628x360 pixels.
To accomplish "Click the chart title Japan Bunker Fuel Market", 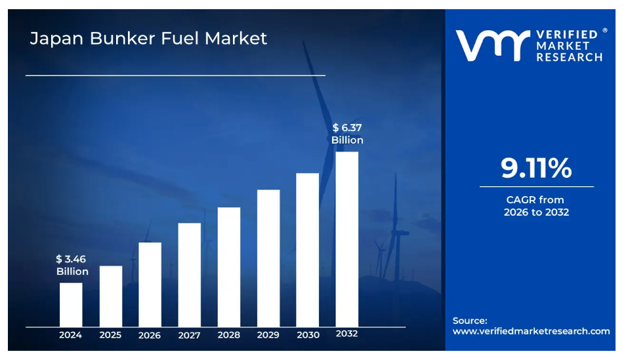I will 148,38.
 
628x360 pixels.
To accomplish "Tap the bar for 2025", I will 110,296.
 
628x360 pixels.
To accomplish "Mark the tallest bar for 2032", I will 346,239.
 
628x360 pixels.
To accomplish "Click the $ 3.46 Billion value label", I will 72,266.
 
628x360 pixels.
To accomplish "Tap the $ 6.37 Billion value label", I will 347,134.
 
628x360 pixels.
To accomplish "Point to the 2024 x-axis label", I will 70,334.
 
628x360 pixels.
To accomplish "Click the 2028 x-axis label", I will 228,334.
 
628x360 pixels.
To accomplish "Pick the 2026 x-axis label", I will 150,335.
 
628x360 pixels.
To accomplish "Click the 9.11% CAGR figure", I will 536,169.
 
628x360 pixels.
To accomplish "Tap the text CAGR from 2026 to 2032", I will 535,206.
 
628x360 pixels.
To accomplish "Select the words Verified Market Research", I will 569,45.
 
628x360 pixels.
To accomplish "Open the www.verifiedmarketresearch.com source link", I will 531,331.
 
